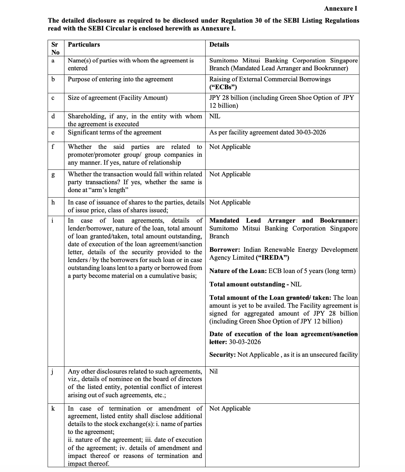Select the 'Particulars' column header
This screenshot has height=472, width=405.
pos(84,45)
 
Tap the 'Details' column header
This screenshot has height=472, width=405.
pos(219,45)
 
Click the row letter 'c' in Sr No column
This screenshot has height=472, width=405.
pos(53,98)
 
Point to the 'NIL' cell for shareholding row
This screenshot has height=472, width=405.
pos(215,116)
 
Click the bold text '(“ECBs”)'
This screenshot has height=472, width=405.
pos(223,87)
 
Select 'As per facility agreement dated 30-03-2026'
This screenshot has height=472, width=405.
pos(267,132)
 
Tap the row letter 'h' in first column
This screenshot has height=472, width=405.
pos(53,202)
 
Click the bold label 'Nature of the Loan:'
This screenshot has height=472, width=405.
pos(238,271)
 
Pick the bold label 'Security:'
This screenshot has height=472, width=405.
pos(222,355)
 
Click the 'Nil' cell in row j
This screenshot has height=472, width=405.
pos(213,371)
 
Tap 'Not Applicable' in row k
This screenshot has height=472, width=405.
pos(230,409)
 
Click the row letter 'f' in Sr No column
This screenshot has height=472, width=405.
pos(53,147)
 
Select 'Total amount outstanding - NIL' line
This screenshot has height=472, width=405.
pos(255,284)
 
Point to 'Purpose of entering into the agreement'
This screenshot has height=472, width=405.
pos(120,79)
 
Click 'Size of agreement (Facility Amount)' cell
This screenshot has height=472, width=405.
pos(118,98)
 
